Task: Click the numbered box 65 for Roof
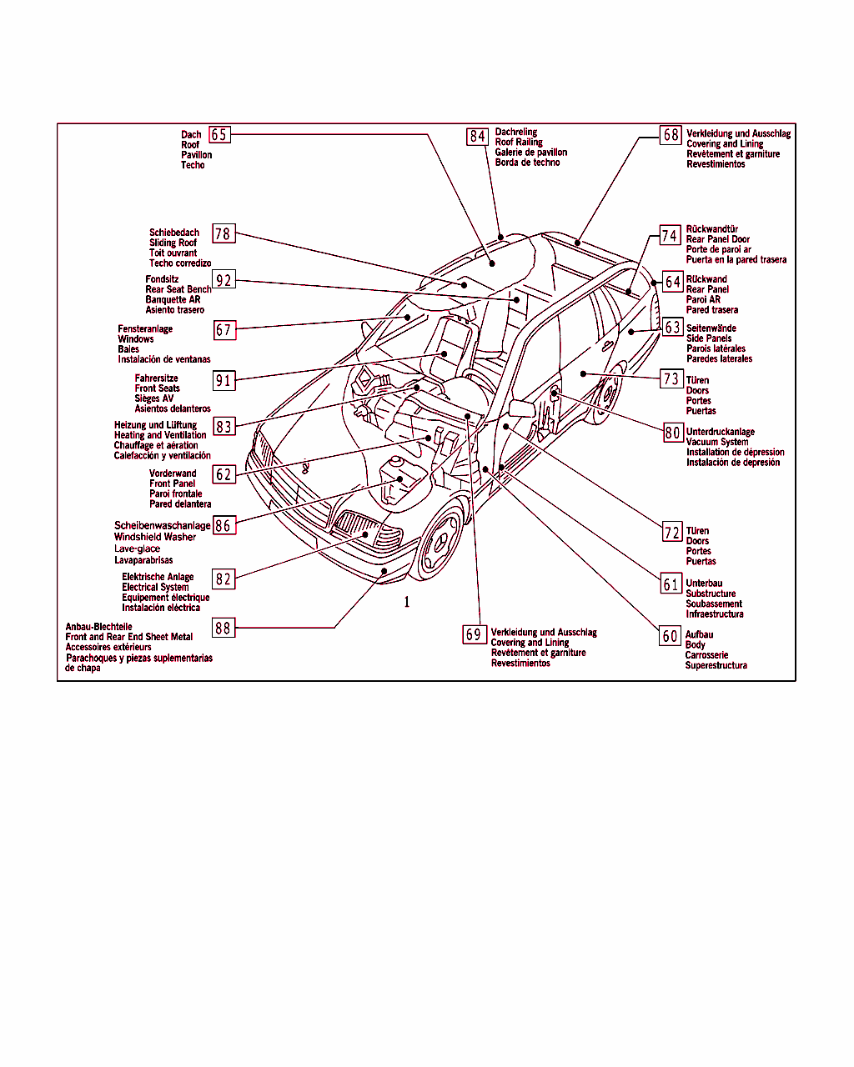coord(219,134)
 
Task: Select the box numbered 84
coord(477,136)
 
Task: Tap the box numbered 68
coord(671,134)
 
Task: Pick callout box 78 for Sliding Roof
coord(223,233)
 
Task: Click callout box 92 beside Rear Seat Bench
coord(223,280)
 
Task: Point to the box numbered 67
coord(223,330)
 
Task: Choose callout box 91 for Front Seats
coord(224,381)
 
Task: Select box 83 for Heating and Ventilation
coord(224,427)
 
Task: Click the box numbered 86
coord(223,525)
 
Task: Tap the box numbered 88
coord(223,628)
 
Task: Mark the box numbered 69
coord(474,634)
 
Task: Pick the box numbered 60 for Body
coord(671,636)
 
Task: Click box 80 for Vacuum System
coord(672,433)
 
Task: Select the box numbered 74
coord(670,236)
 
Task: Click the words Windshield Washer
coord(155,537)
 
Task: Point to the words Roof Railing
coord(519,143)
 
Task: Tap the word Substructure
coord(711,594)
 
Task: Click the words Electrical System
coord(155,587)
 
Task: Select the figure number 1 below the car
coord(407,602)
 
